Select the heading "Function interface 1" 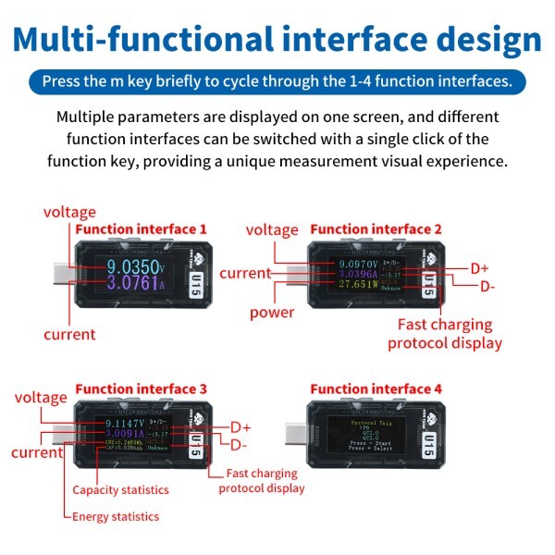pos(140,228)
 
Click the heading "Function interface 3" pos(140,388)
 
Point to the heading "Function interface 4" pos(376,388)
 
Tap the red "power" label pos(272,313)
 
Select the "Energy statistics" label pos(116,516)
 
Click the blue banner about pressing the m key pos(277,81)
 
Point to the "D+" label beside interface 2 pos(479,268)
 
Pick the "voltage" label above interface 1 pos(69,212)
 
